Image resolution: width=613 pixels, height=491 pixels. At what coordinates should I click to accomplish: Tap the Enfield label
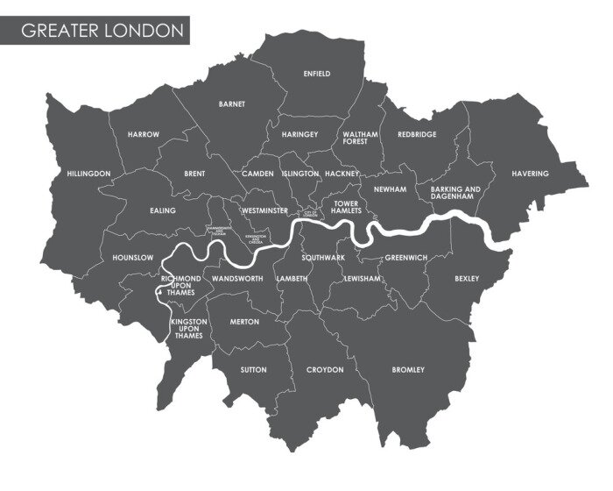(316, 74)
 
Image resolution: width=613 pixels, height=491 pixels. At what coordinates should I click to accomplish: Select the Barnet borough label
(232, 103)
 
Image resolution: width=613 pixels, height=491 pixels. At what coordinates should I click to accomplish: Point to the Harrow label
(143, 134)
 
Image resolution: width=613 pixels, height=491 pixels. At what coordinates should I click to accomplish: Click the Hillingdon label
(88, 174)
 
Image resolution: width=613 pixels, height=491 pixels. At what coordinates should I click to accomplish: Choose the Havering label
(530, 174)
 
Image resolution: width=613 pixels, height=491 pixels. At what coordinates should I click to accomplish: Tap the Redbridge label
(417, 134)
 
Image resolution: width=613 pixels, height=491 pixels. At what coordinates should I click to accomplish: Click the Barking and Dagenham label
(456, 193)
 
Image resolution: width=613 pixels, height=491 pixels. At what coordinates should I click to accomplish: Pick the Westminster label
(264, 211)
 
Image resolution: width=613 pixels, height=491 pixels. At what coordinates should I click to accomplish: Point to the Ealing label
(163, 210)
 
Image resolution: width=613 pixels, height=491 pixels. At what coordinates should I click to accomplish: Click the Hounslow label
(133, 258)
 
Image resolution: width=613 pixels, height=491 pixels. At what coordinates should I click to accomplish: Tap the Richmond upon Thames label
(181, 285)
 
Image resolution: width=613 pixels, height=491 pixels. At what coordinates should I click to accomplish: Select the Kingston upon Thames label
(188, 329)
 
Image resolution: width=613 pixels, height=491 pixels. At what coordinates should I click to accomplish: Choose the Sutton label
(253, 370)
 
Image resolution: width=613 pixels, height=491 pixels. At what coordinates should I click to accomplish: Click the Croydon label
(325, 370)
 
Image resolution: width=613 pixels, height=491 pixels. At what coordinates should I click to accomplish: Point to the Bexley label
(467, 279)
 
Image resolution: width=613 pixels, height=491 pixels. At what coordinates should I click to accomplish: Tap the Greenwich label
(405, 258)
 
